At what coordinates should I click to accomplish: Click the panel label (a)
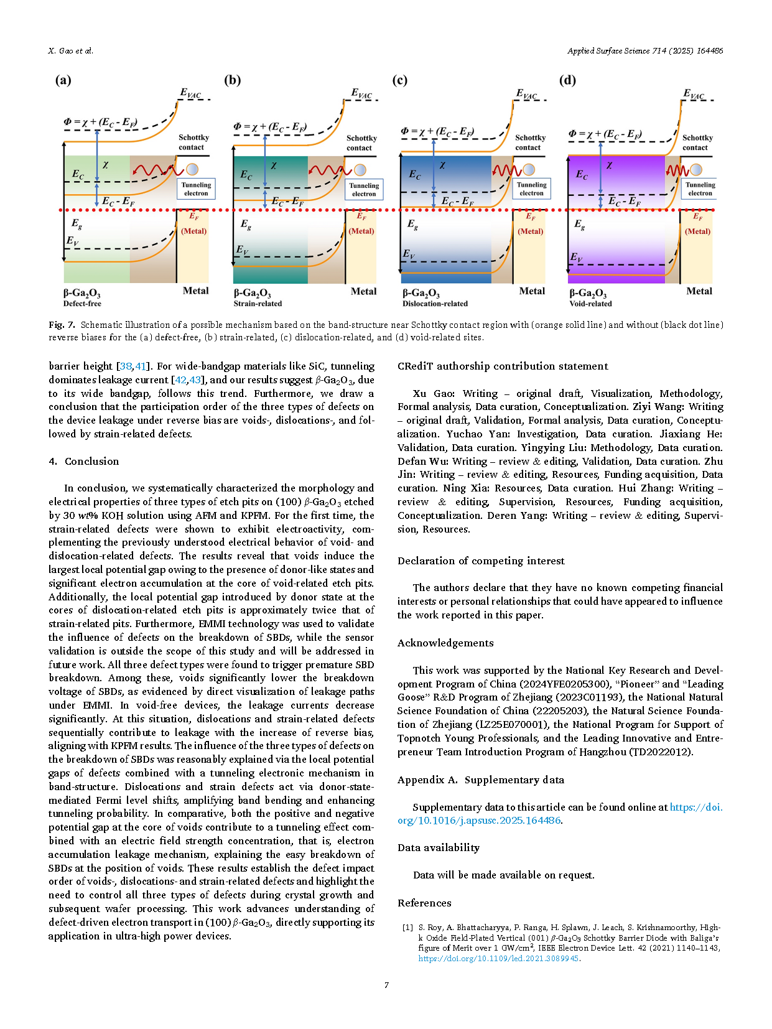coord(63,80)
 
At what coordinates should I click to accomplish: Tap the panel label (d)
coord(567,80)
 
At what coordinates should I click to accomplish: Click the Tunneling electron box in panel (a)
coord(196,189)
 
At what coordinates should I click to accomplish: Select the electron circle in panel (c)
coord(529,169)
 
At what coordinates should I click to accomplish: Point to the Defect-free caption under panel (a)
coord(82,304)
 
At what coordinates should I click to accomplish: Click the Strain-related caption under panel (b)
coord(258,304)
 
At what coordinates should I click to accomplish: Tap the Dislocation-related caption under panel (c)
coord(435,304)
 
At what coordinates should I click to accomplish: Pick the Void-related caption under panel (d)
coord(590,304)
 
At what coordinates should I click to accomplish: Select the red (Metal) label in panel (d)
coord(697,231)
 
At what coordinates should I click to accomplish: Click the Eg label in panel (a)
coord(77,223)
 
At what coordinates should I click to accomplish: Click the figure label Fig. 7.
coord(62,325)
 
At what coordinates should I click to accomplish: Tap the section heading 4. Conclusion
coord(83,461)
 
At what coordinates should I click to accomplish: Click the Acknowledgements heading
coord(445,643)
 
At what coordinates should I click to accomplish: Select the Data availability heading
coord(439,848)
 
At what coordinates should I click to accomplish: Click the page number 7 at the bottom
coord(386,985)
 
